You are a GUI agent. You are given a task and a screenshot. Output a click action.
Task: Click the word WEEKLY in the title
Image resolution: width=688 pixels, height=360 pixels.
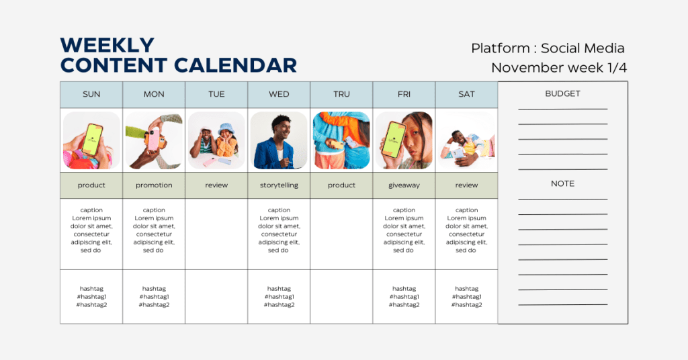107,45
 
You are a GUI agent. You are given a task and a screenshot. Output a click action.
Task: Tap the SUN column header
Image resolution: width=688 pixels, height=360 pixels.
91,94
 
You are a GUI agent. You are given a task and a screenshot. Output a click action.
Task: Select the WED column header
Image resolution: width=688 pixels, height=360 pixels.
279,94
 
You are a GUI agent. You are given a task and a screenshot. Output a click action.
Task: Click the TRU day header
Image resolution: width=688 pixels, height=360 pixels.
341,94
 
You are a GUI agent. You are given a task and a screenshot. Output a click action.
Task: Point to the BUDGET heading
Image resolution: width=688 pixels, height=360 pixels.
562,93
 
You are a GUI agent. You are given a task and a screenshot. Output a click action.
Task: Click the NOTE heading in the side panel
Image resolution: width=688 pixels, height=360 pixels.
562,184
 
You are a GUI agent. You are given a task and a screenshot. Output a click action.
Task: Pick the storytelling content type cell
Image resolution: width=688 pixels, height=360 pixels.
279,185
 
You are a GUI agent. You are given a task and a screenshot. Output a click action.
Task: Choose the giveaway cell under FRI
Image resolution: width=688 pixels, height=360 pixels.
404,185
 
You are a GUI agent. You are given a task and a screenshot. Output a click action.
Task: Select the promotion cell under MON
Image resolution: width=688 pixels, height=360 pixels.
154,185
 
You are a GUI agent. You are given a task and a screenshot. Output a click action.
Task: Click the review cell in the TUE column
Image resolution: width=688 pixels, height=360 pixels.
216,185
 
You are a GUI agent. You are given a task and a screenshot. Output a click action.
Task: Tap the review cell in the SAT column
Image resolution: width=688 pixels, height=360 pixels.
466,185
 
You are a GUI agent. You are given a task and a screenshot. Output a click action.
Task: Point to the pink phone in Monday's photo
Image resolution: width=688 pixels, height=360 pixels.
153,140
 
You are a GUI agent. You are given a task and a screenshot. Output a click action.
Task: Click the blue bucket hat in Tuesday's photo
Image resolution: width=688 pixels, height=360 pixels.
226,128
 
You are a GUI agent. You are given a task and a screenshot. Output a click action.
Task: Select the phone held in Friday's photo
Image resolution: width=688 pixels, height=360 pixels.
394,140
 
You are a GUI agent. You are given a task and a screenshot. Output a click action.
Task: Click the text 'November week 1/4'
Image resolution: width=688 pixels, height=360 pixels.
558,68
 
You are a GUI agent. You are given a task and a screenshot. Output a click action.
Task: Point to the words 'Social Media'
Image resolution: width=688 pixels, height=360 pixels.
583,48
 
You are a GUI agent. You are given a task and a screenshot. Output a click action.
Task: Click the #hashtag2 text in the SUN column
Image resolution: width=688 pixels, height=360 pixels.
91,305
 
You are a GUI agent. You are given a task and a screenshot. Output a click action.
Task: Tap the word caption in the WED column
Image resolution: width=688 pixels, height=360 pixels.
279,210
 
